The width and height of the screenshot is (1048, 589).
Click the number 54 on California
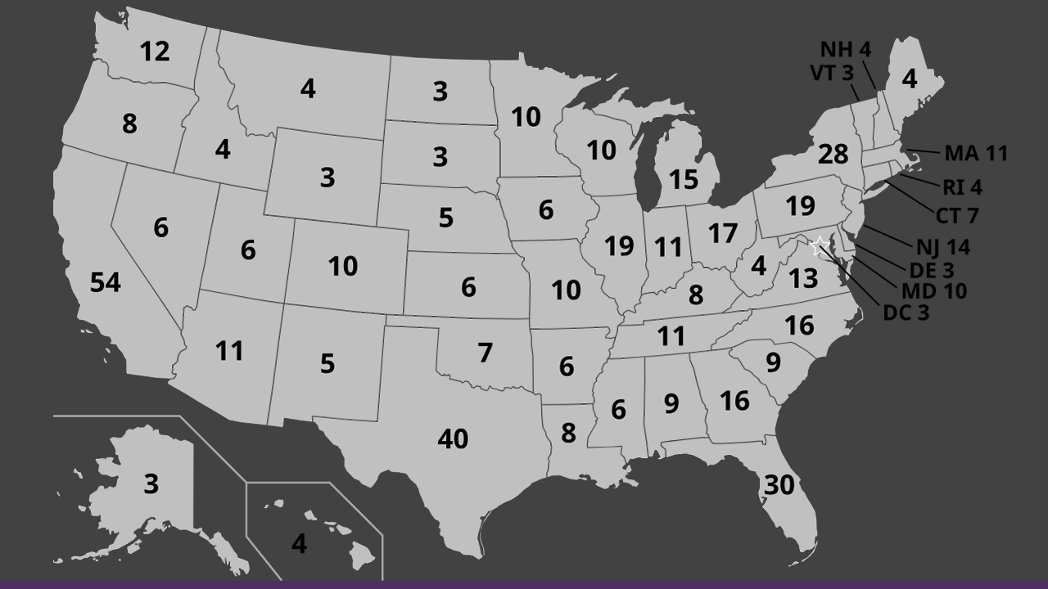point(106,283)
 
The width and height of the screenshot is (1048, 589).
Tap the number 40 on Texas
point(453,439)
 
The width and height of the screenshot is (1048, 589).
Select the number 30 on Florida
point(779,485)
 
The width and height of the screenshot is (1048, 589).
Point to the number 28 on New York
point(833,154)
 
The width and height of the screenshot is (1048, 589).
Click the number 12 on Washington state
point(155,52)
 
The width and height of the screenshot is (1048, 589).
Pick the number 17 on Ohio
point(723,234)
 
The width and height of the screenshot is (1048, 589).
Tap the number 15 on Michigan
point(684,179)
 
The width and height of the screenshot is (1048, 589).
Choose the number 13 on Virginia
point(803,279)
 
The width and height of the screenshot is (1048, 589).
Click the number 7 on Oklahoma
point(485,353)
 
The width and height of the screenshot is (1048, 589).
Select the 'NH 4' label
point(846,50)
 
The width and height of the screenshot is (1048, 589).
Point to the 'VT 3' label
point(832,73)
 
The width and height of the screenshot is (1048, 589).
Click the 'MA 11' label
point(976,153)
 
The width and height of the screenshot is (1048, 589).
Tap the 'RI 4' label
point(962,187)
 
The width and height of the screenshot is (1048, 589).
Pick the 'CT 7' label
point(957,217)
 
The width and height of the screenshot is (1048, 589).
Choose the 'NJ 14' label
point(943,247)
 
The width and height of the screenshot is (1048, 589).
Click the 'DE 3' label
point(932,269)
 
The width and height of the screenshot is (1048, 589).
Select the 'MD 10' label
point(933,290)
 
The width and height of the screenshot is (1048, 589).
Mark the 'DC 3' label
point(906,312)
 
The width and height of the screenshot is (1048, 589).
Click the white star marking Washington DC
point(818,245)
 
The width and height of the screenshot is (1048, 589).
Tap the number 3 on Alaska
point(151,483)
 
